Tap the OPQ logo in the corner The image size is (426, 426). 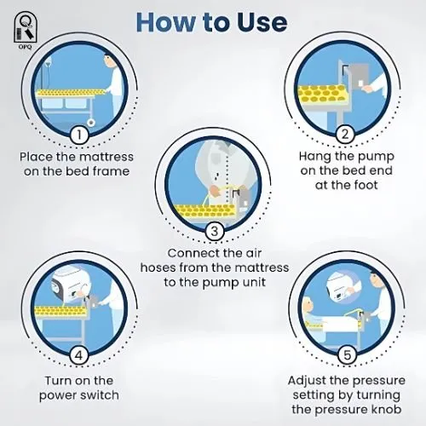click(26, 30)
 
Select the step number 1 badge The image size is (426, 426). click(79, 135)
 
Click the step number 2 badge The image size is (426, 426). click(345, 134)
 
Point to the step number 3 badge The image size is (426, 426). click(214, 231)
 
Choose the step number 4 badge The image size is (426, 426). click(78, 355)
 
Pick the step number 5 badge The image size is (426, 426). click(347, 355)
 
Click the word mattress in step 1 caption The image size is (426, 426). click(106, 157)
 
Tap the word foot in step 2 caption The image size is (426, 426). click(366, 185)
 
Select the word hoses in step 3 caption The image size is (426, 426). click(158, 268)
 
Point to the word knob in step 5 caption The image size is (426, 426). click(388, 409)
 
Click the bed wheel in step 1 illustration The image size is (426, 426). click(91, 123)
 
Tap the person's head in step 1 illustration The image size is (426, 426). click(108, 60)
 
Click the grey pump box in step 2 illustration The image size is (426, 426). click(359, 76)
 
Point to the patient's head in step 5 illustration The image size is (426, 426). click(308, 305)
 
